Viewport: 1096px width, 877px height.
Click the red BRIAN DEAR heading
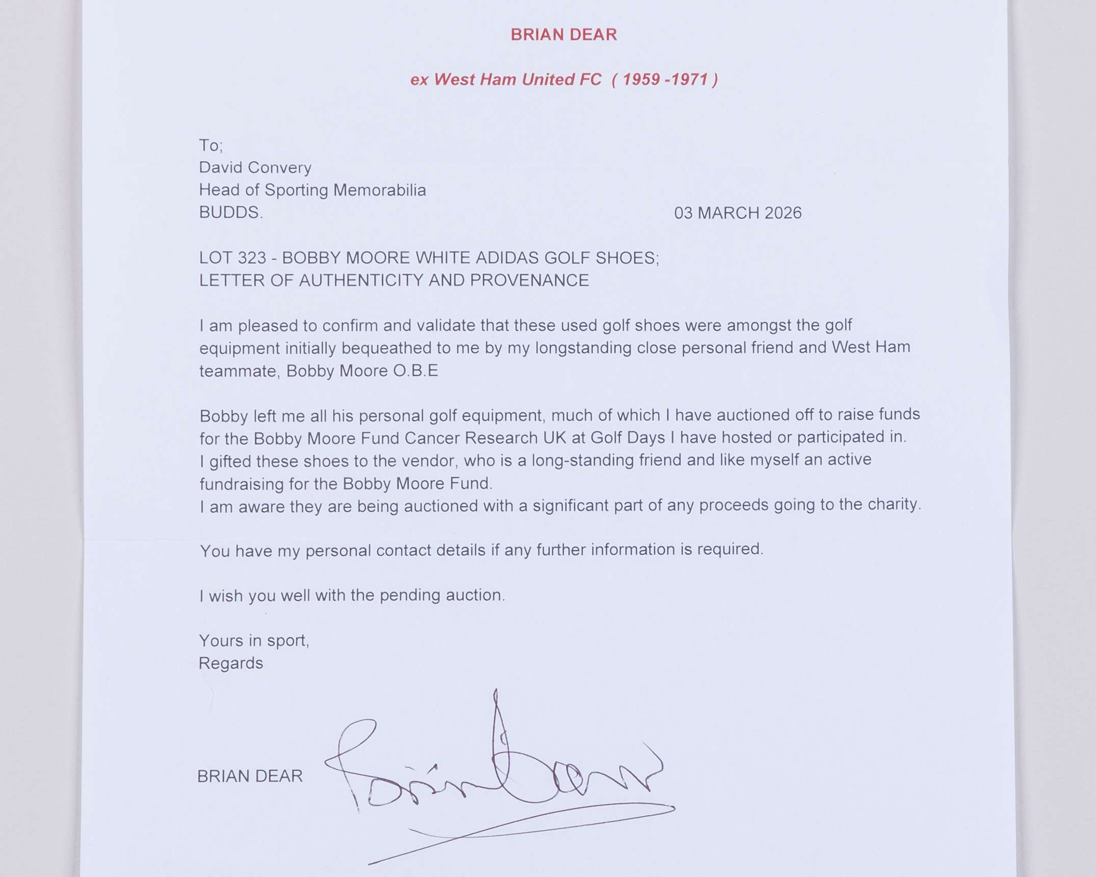coord(563,35)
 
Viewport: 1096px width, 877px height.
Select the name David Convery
coord(255,168)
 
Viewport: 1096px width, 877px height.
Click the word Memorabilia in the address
coord(379,190)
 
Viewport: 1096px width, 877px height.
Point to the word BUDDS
coord(230,213)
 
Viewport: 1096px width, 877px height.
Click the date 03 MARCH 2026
coord(738,213)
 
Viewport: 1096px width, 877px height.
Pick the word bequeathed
coord(388,348)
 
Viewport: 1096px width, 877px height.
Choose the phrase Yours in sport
coord(254,640)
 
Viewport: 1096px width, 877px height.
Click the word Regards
coord(230,663)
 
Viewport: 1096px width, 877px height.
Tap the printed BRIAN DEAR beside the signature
coord(250,776)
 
